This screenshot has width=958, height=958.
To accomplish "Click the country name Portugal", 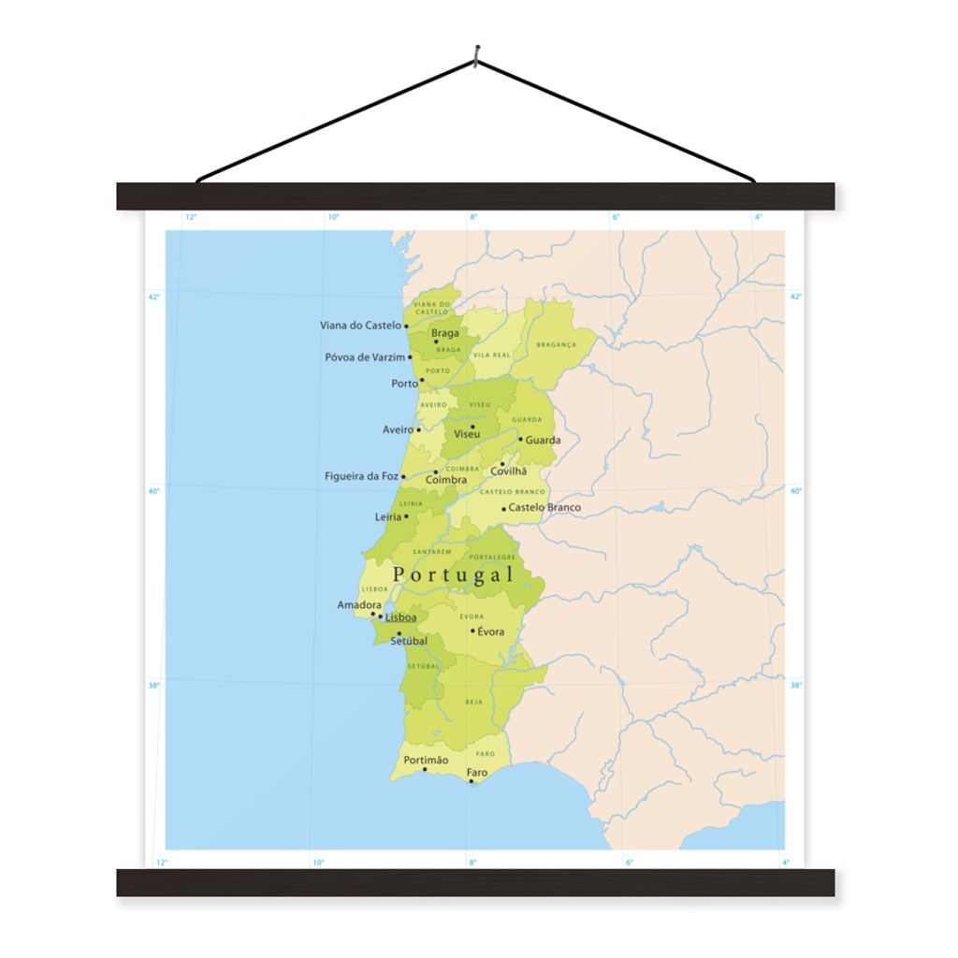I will pyautogui.click(x=454, y=574).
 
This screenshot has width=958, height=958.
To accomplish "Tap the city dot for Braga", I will pyautogui.click(x=436, y=341).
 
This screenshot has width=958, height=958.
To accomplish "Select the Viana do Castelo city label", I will pyautogui.click(x=360, y=326).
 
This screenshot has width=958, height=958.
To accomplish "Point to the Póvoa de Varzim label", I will pyautogui.click(x=365, y=357).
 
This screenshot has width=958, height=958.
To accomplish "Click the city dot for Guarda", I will pyautogui.click(x=521, y=439).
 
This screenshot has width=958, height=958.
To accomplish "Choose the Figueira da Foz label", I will pyautogui.click(x=361, y=476).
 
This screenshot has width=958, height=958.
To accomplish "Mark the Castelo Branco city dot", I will pyautogui.click(x=503, y=509).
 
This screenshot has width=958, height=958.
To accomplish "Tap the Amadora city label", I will pyautogui.click(x=359, y=605).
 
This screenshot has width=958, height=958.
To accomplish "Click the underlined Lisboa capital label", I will pyautogui.click(x=400, y=617).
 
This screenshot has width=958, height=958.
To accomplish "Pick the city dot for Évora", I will pyautogui.click(x=472, y=631).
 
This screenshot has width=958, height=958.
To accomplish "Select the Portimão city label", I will pyautogui.click(x=426, y=761).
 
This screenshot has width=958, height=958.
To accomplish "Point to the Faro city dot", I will pyautogui.click(x=472, y=781).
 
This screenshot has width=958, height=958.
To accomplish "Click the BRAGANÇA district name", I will pyautogui.click(x=556, y=344).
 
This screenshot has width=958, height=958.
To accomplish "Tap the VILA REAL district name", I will pyautogui.click(x=491, y=356).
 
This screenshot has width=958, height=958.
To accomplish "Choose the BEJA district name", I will pyautogui.click(x=474, y=701).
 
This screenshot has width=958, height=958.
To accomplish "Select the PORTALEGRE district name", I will pyautogui.click(x=492, y=558).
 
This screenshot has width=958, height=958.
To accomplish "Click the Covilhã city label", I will pyautogui.click(x=509, y=472).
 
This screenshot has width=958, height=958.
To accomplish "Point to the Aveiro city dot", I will pyautogui.click(x=418, y=429).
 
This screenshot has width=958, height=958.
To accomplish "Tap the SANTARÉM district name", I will pyautogui.click(x=432, y=552).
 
